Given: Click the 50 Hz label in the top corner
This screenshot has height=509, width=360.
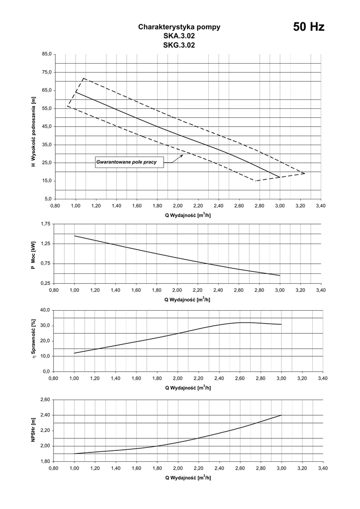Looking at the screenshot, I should point(308,27).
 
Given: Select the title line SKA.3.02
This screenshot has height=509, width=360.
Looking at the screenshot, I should point(179,36).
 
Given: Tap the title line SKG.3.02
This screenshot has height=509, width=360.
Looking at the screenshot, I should point(179,45).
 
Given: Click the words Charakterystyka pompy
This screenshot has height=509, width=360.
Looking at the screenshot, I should point(179,27).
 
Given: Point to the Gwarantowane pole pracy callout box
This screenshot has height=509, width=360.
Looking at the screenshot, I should point(129,162).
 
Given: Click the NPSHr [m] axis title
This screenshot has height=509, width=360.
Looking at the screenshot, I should point(33,430).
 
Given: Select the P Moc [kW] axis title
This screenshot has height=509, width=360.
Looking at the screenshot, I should point(33,254).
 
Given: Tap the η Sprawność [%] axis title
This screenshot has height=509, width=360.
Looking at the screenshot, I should point(33,340).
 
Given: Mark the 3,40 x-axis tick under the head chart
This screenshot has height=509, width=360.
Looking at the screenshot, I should point(321,205).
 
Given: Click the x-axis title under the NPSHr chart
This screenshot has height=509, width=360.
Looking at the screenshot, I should point(187,477).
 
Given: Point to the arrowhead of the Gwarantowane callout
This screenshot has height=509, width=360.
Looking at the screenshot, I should point(182,155).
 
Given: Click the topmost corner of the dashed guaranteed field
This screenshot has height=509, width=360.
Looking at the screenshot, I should point(84,79).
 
